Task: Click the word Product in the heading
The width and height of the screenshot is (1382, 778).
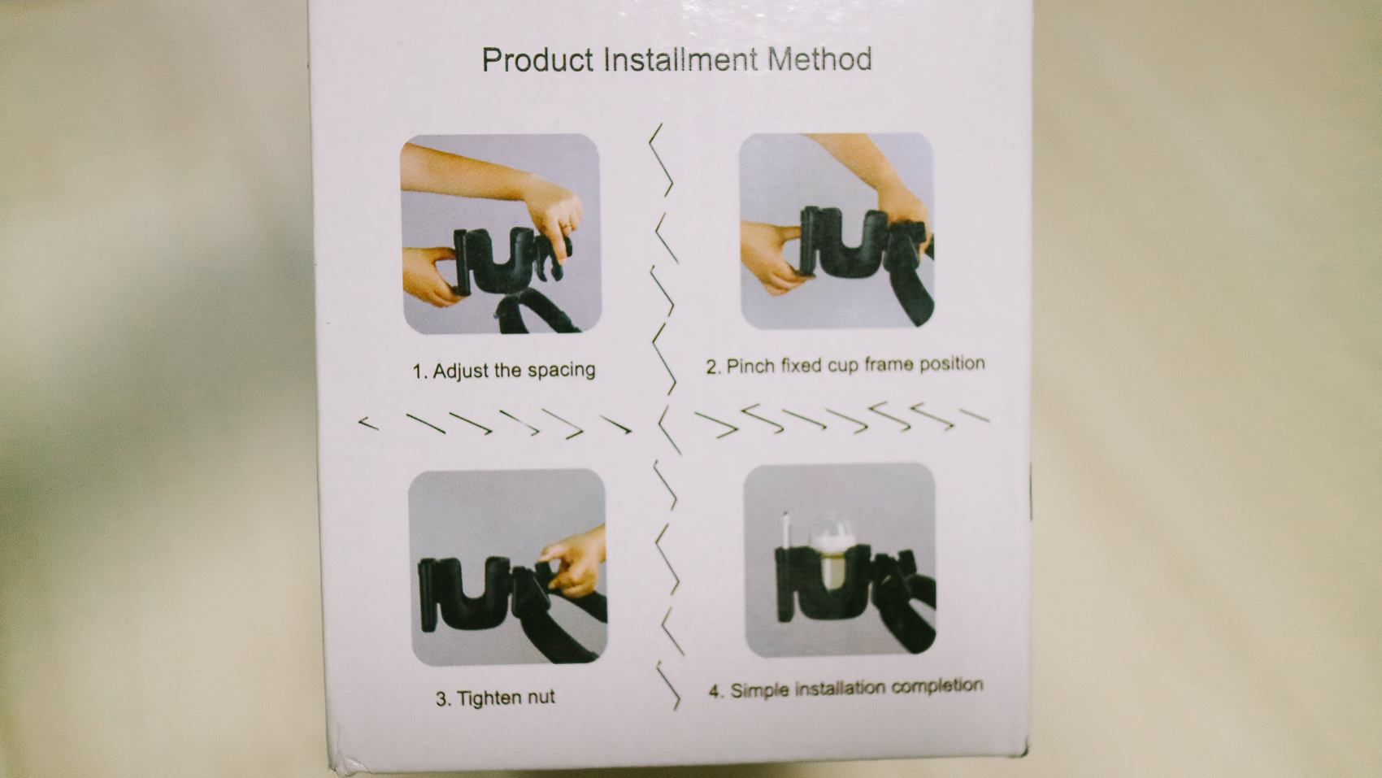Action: tap(537, 60)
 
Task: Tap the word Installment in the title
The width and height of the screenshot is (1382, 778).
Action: tap(680, 59)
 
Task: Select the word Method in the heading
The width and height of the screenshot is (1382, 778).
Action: tap(820, 59)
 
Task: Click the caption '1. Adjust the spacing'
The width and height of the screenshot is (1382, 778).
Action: tap(504, 371)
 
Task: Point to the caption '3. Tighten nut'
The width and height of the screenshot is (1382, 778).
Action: tap(495, 698)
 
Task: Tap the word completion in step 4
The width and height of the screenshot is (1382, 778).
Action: tap(937, 687)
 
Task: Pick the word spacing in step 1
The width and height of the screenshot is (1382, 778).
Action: tap(562, 371)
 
